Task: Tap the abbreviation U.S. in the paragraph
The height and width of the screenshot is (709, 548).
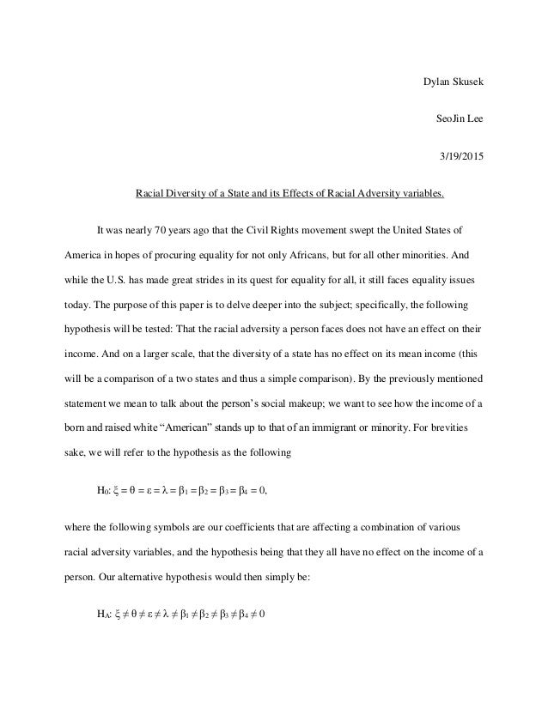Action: [128, 280]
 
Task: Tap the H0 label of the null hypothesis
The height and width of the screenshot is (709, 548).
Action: [102, 491]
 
